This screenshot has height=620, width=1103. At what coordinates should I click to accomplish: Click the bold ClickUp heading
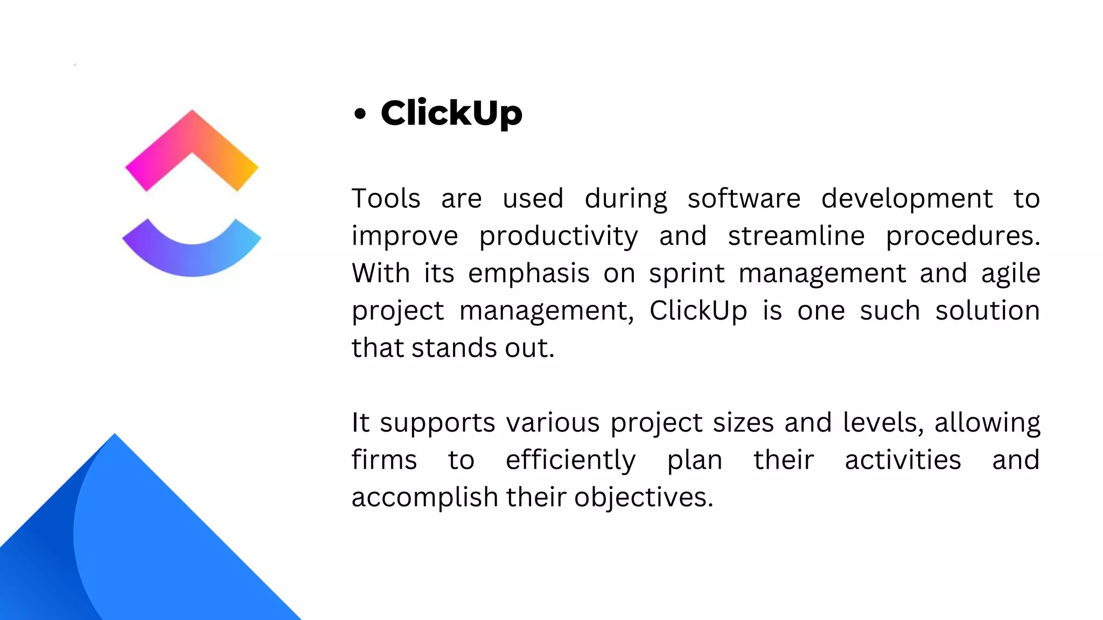(451, 113)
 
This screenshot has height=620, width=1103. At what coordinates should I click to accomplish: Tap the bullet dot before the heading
(360, 114)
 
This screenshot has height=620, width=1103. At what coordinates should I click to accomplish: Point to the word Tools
(386, 198)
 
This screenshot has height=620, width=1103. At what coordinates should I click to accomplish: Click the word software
(744, 198)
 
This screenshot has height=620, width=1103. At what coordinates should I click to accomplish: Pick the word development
(906, 198)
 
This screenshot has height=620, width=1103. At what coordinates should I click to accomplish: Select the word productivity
(559, 236)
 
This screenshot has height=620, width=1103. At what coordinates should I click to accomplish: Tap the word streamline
(796, 236)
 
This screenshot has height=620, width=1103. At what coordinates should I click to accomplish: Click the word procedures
(963, 236)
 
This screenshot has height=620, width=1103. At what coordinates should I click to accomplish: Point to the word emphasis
(528, 273)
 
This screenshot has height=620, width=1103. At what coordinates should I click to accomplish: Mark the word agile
(1010, 273)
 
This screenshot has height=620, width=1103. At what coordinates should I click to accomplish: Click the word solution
(987, 311)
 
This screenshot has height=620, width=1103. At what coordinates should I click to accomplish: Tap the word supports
(437, 423)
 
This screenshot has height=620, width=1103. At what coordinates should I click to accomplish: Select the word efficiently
(570, 460)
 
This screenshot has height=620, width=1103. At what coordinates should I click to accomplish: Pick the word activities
(903, 460)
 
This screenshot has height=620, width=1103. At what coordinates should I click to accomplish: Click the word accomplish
(424, 497)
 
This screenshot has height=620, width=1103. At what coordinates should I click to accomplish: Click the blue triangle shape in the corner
(162, 549)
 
